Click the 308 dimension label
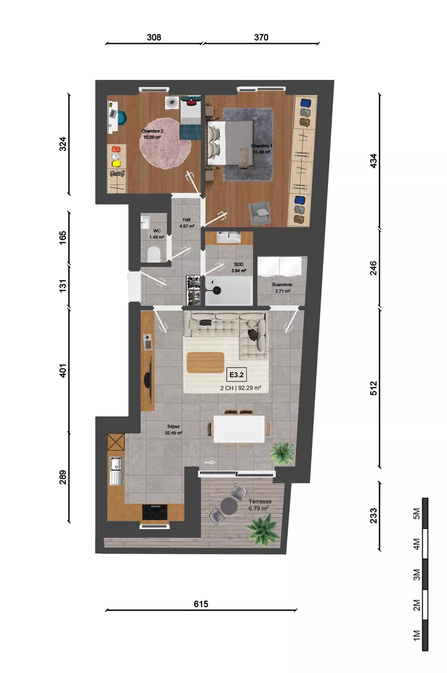click(x=154, y=37)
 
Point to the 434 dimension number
click(x=373, y=161)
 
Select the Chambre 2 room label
click(x=153, y=131)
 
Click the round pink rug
click(x=165, y=143)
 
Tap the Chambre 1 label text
click(x=262, y=146)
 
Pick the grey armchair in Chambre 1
click(x=259, y=213)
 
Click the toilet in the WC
click(x=154, y=254)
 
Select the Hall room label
click(x=187, y=220)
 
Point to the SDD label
click(x=239, y=264)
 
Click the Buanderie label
click(x=282, y=284)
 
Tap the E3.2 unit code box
click(x=237, y=375)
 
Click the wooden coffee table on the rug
click(x=205, y=362)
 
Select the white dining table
click(x=239, y=429)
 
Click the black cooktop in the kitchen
click(x=155, y=512)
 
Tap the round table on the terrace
click(x=229, y=506)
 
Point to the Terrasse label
click(x=260, y=501)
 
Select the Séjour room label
click(x=173, y=426)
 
